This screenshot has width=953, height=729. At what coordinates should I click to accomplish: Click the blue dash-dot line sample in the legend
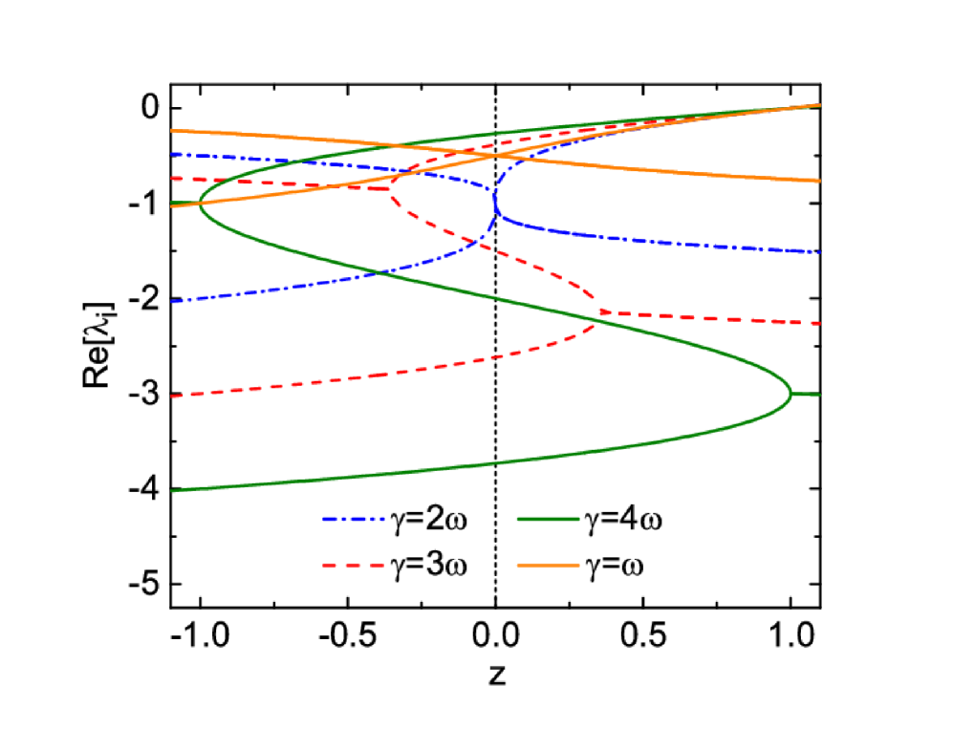click(354, 519)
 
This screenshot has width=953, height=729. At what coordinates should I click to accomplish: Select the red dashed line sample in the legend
click(354, 566)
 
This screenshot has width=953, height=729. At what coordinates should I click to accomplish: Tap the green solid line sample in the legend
click(548, 519)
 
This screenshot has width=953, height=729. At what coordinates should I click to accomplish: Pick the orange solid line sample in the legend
click(548, 566)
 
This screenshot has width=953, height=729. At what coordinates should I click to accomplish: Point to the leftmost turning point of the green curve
click(200, 202)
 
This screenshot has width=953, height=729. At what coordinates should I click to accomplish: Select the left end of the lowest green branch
click(172, 491)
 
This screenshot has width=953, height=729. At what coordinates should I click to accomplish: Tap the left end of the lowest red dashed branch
click(172, 396)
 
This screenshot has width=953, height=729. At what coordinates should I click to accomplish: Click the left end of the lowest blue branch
click(172, 302)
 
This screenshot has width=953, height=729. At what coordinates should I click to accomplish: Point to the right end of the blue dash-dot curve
click(820, 252)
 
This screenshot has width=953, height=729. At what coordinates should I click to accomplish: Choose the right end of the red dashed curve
click(820, 324)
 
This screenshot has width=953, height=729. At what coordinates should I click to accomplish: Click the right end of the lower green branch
click(820, 395)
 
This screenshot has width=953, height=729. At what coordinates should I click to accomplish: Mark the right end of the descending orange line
click(820, 181)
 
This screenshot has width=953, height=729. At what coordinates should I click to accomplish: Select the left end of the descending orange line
click(172, 131)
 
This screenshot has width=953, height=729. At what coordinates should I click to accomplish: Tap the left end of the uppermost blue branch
click(172, 154)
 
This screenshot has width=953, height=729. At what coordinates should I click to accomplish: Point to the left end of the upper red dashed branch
click(172, 179)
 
